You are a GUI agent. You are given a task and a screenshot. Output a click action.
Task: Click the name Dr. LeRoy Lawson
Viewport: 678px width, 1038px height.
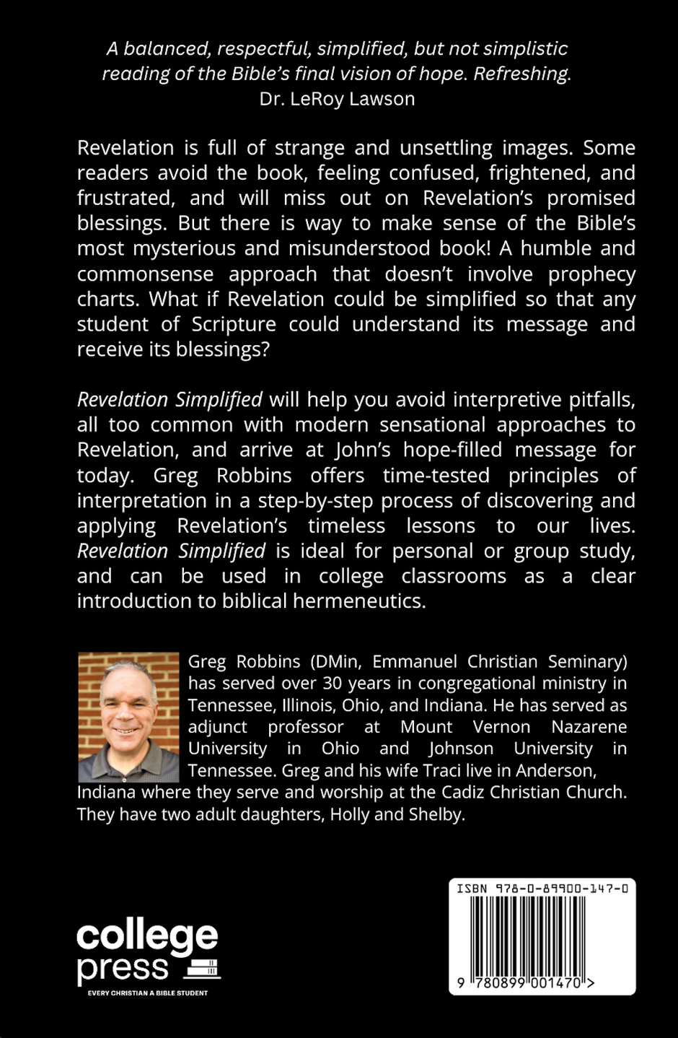[337, 99]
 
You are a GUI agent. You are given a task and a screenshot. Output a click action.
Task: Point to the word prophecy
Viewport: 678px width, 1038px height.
[591, 274]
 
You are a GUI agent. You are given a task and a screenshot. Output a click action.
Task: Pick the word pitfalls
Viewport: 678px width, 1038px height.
[598, 399]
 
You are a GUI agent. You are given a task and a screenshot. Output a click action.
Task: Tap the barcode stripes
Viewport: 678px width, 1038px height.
[542, 936]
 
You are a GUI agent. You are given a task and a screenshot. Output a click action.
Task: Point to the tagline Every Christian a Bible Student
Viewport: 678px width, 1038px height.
[148, 993]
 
